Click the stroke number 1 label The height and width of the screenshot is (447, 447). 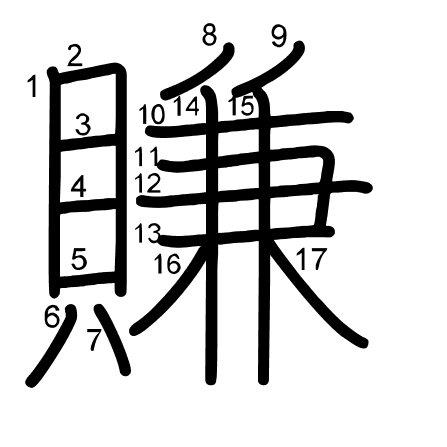(x=33, y=86)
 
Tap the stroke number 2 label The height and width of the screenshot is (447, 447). (x=75, y=56)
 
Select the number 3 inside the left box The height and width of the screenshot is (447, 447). (x=83, y=124)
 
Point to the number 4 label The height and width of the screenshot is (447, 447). (x=79, y=187)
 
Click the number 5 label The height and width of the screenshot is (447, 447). (x=79, y=259)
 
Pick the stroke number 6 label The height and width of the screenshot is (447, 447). (x=52, y=317)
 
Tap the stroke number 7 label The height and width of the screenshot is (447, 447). (x=94, y=340)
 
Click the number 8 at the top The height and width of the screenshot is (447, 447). (x=209, y=35)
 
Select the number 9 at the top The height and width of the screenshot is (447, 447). (x=279, y=36)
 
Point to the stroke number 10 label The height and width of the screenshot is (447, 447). (x=152, y=114)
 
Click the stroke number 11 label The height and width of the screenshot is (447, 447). (x=147, y=157)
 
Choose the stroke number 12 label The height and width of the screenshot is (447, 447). (x=148, y=183)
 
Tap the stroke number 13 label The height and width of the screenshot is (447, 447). (x=148, y=233)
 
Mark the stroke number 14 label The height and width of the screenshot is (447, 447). (x=187, y=106)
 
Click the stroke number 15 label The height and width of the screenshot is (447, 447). (x=241, y=106)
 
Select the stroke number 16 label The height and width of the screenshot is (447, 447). (x=167, y=264)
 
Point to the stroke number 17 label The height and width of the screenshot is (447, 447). (x=311, y=259)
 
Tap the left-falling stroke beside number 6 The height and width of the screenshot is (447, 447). (x=52, y=347)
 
